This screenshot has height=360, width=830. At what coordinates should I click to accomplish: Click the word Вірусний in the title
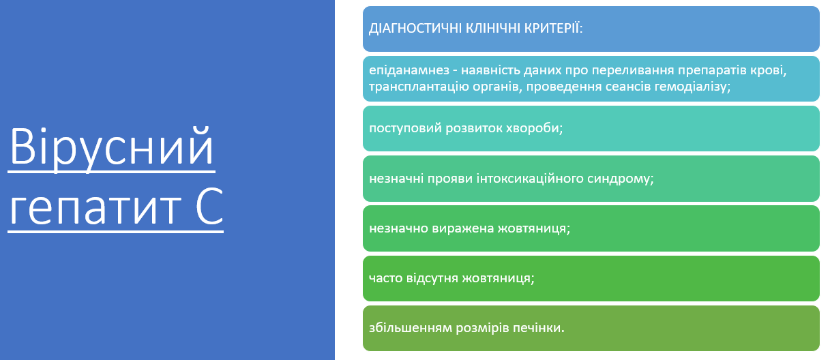(112, 148)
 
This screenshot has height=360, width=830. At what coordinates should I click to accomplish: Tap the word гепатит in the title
(95, 207)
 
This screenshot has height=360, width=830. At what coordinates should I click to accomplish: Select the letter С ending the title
(210, 205)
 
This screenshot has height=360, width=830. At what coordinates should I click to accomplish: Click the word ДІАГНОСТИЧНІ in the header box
(415, 28)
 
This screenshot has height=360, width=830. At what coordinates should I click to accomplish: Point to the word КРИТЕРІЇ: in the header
(553, 28)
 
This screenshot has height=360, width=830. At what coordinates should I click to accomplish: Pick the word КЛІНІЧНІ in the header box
(492, 28)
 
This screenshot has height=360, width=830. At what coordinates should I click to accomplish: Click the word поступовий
(405, 128)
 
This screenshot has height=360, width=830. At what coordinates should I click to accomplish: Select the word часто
(386, 278)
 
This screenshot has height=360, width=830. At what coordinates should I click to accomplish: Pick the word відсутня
(432, 278)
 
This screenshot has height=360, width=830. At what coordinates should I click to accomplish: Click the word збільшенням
(411, 328)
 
